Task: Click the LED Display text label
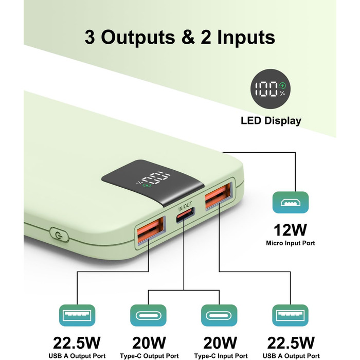271,121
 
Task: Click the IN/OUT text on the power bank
185,208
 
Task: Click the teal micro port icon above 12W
291,204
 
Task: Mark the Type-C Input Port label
220,356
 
